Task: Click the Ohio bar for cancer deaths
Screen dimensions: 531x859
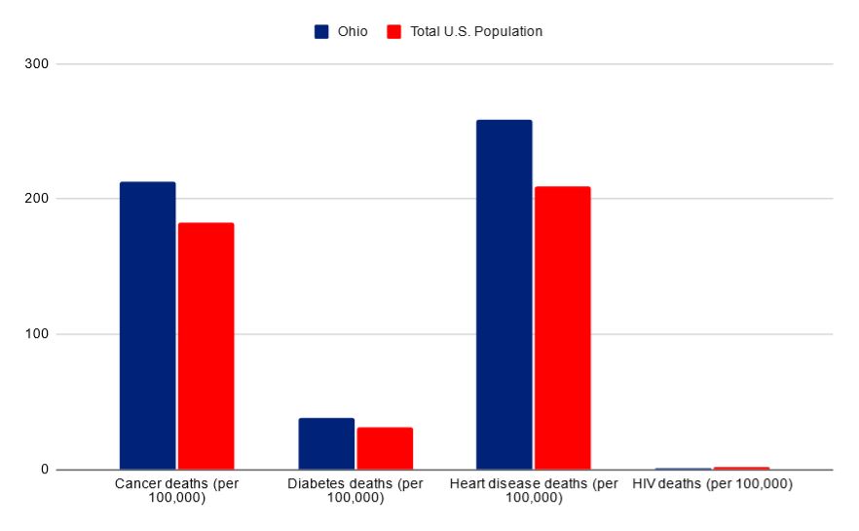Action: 147,325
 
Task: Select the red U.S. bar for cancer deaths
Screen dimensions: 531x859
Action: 205,346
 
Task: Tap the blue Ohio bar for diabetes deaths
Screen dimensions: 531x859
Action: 326,443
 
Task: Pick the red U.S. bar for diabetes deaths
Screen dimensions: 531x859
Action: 385,448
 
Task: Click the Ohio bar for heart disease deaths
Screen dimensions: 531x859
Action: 504,294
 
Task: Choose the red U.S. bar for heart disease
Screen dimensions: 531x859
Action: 562,327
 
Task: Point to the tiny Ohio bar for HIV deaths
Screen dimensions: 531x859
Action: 683,469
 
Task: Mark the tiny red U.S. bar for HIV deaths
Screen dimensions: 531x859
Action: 741,468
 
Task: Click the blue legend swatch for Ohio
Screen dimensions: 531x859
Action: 321,31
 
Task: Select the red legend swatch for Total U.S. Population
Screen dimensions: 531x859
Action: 394,31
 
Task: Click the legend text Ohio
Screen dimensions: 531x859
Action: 353,31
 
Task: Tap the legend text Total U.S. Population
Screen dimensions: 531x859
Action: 475,31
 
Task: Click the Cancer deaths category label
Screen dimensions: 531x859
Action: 176,490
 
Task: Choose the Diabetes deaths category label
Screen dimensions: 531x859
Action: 355,490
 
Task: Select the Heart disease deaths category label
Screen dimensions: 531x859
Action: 534,490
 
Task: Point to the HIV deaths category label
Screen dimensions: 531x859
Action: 712,484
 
